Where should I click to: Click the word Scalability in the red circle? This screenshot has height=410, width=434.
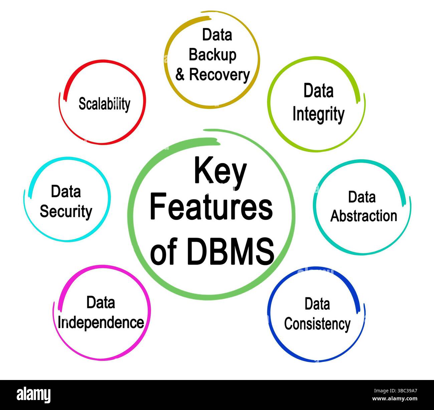[104, 104]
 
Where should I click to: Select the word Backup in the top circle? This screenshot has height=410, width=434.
[212, 55]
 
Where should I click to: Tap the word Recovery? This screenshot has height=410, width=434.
[219, 75]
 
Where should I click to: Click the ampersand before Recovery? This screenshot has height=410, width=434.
[180, 75]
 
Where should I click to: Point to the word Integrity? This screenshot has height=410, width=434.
[318, 114]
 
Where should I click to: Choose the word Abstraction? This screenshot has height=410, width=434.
[364, 216]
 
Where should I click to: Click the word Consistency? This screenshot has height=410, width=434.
[317, 324]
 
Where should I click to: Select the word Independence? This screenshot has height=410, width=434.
[100, 323]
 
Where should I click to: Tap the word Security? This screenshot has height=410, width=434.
[66, 212]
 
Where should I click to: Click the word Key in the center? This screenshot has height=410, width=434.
[220, 172]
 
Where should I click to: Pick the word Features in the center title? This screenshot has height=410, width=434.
[211, 208]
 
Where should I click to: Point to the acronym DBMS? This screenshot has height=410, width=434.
[230, 251]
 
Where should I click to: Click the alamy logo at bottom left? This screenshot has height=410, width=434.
[34, 395]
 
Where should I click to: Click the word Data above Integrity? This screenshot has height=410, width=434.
[318, 91]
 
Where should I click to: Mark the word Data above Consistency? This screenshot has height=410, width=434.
[317, 304]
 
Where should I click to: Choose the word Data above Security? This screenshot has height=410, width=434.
[66, 192]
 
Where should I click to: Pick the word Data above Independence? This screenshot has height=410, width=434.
[100, 303]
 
